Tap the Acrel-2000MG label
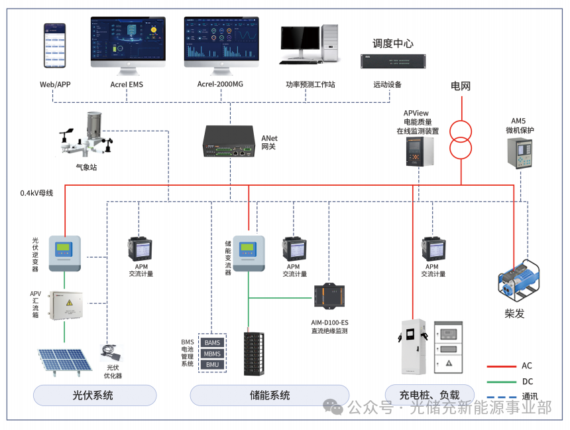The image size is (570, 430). [x=221, y=84]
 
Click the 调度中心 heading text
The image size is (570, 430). [x=392, y=43]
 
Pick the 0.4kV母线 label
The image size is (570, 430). [x=36, y=193]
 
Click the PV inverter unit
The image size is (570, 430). [x=64, y=253]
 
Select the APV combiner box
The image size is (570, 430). [x=64, y=306]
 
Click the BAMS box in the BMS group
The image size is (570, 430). [x=212, y=342]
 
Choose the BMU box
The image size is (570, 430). [x=212, y=364]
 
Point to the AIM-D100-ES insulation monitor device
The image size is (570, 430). [x=329, y=296]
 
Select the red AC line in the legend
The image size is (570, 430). [x=501, y=366]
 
